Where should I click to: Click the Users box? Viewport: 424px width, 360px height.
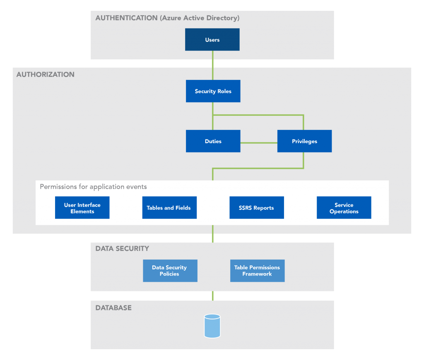point(212,40)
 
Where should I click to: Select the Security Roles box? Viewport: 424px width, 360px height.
point(213,91)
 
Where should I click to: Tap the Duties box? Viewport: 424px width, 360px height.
point(213,141)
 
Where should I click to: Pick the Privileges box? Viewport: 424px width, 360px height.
point(304,141)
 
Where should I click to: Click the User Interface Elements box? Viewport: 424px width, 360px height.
point(82,208)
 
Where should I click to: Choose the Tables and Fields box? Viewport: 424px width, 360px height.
point(169,208)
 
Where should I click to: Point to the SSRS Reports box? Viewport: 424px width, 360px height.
point(257,208)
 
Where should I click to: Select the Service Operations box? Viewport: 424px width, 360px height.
point(344,208)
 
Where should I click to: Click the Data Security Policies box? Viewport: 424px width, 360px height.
point(170,271)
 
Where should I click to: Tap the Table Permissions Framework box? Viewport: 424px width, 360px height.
point(257,271)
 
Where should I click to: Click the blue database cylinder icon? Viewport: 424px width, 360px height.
point(212,326)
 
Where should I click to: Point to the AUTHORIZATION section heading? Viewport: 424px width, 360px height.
point(46,75)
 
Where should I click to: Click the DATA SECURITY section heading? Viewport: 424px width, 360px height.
point(122,249)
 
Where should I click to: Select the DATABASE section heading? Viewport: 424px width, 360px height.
point(113,308)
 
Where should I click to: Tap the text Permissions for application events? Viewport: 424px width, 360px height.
point(93,187)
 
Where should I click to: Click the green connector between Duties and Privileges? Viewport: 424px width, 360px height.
point(258,143)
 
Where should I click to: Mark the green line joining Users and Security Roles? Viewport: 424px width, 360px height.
point(213,65)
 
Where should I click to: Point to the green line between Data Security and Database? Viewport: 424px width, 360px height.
point(213,295)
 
